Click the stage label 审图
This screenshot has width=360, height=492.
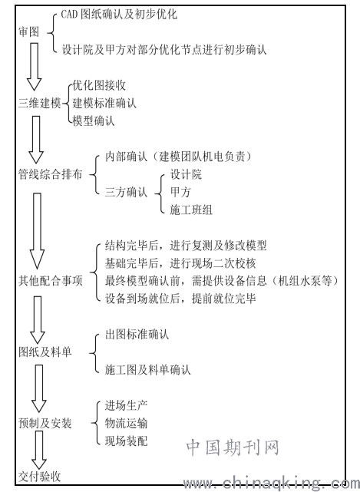[29, 32]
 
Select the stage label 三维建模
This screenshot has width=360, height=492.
[40, 103]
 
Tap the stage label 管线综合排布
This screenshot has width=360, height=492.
[50, 174]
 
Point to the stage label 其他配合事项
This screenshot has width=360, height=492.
[50, 281]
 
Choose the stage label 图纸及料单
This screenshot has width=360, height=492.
[45, 352]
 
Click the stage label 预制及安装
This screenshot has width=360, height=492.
[45, 423]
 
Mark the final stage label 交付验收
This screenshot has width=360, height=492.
[40, 477]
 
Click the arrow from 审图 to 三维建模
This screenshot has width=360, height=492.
[35, 67]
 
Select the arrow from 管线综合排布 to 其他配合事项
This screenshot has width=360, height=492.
[37, 231]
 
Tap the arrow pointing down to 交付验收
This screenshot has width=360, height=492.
[39, 451]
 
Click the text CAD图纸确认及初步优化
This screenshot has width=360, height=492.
[119, 14]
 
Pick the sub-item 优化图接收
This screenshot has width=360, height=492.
[99, 85]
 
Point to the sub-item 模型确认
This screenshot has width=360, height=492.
[94, 121]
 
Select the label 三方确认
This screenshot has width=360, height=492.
[126, 192]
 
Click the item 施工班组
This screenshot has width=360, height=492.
[191, 210]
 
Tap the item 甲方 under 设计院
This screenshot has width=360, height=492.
[180, 192]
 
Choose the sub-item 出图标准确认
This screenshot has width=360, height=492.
[137, 335]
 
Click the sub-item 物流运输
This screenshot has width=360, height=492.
[126, 423]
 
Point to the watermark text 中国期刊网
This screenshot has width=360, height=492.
[233, 447]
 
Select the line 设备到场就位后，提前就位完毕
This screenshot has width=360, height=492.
[180, 299]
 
